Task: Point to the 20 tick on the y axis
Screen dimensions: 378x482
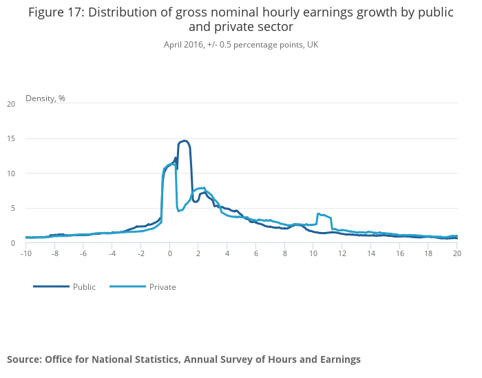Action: click(x=11, y=104)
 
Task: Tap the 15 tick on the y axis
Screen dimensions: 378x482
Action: click(x=11, y=138)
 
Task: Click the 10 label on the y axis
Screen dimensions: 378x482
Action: click(x=11, y=174)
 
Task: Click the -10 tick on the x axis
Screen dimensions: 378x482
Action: click(x=27, y=253)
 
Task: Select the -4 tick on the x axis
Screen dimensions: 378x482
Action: click(x=112, y=253)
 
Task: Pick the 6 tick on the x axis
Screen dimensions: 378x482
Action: click(x=256, y=253)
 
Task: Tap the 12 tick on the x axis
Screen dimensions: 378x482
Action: click(x=342, y=253)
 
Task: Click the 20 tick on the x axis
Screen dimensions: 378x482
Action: click(x=457, y=253)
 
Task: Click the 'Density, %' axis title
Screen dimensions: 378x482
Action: click(x=45, y=98)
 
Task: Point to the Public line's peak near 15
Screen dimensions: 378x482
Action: click(x=184, y=141)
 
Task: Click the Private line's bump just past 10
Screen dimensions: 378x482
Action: click(x=319, y=214)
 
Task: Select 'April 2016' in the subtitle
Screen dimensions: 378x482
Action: click(x=183, y=44)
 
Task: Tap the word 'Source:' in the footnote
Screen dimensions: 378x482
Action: click(x=25, y=359)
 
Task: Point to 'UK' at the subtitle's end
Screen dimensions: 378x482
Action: click(x=313, y=44)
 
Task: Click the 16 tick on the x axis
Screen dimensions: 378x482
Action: click(x=399, y=253)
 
